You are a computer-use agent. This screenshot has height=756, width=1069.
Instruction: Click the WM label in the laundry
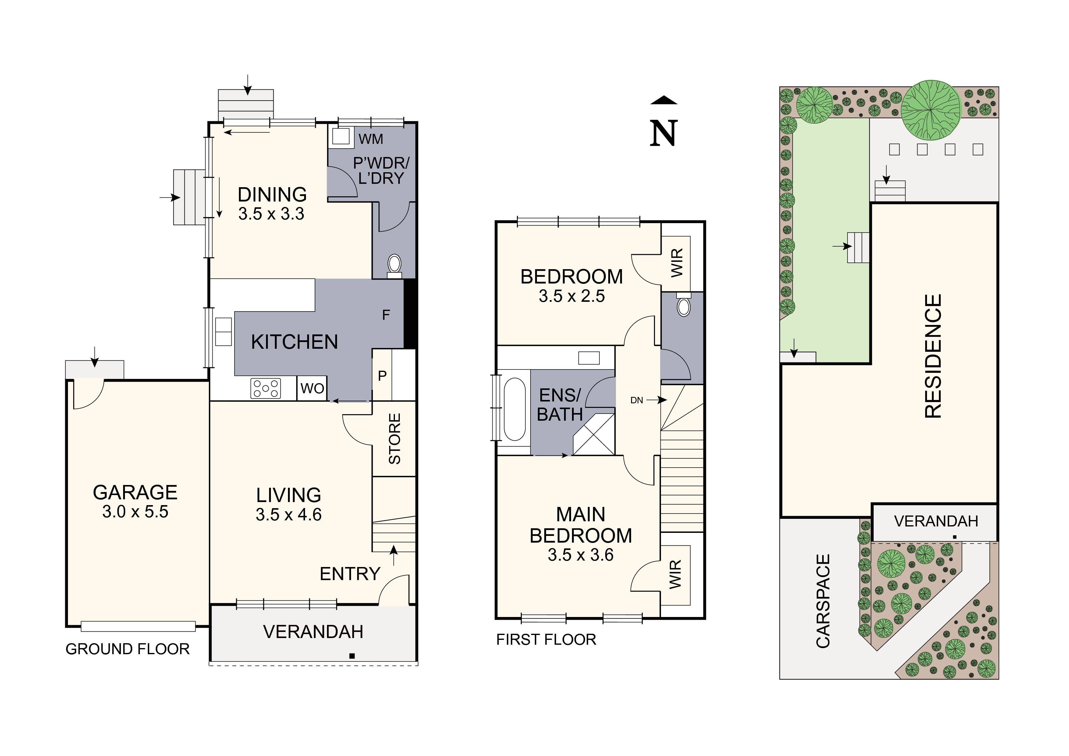tap(371, 139)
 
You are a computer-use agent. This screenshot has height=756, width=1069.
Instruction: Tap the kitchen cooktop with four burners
tap(265, 388)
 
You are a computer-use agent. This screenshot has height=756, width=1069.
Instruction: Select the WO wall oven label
tap(312, 388)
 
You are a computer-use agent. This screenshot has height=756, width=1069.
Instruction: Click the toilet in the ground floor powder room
tap(394, 264)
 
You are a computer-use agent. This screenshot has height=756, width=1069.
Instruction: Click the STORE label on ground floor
tap(394, 438)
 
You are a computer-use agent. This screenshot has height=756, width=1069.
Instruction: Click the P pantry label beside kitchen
tap(382, 376)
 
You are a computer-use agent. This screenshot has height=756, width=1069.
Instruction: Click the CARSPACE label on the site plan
tap(823, 601)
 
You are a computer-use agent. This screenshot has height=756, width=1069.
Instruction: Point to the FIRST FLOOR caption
tap(546, 640)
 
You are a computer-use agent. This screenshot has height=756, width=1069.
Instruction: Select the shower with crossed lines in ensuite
tap(594, 436)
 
